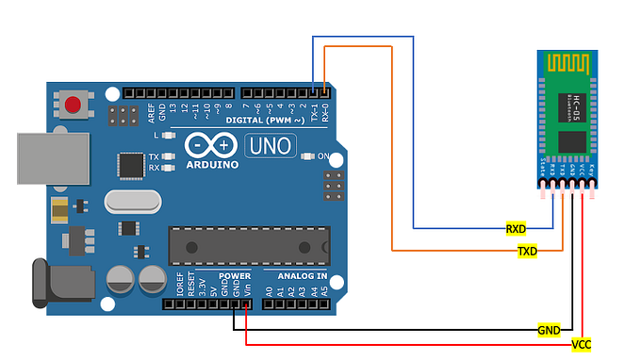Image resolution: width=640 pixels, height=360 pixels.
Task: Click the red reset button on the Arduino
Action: [73, 104]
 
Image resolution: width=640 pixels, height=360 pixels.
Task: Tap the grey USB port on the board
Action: [52, 156]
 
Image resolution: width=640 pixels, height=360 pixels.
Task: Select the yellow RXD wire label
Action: [516, 228]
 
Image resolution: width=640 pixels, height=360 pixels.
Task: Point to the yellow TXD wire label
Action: [527, 252]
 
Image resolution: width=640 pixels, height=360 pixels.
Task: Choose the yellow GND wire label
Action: [549, 330]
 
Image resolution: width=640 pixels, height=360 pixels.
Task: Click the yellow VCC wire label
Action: [581, 344]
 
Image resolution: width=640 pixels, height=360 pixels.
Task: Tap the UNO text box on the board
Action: [271, 146]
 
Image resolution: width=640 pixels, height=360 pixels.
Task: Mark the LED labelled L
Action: [169, 136]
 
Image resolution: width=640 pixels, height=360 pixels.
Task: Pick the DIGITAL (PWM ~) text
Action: [265, 121]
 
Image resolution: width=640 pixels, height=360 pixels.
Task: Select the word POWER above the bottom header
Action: [235, 276]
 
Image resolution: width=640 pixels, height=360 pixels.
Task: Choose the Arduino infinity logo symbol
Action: [209, 145]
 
